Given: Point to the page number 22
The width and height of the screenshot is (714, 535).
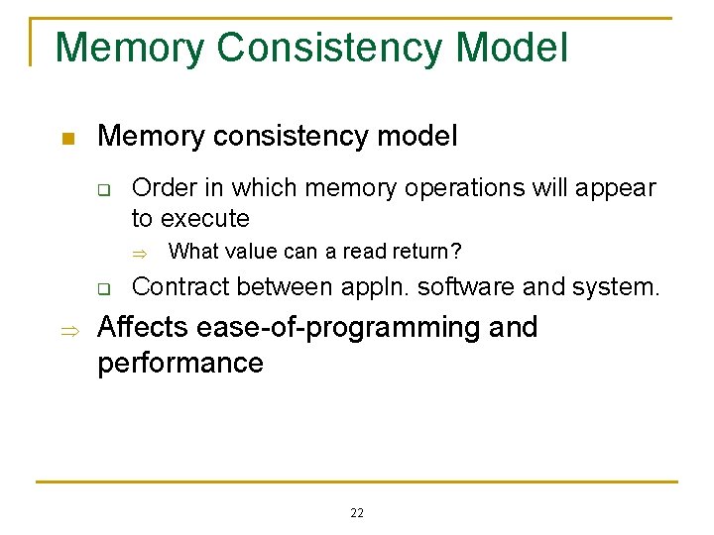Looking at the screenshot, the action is point(357,512).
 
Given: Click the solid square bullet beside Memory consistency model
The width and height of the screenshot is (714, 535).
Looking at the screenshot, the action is point(66,138).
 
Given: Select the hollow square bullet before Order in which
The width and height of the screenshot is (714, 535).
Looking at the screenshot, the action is point(103,189).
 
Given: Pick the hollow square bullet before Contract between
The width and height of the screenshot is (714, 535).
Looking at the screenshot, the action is point(103,290).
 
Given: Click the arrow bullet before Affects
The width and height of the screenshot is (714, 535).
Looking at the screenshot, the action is point(66,329).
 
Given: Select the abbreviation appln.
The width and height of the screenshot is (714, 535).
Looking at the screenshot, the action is point(376,288).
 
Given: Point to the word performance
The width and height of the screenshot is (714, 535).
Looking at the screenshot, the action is point(179,364).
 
